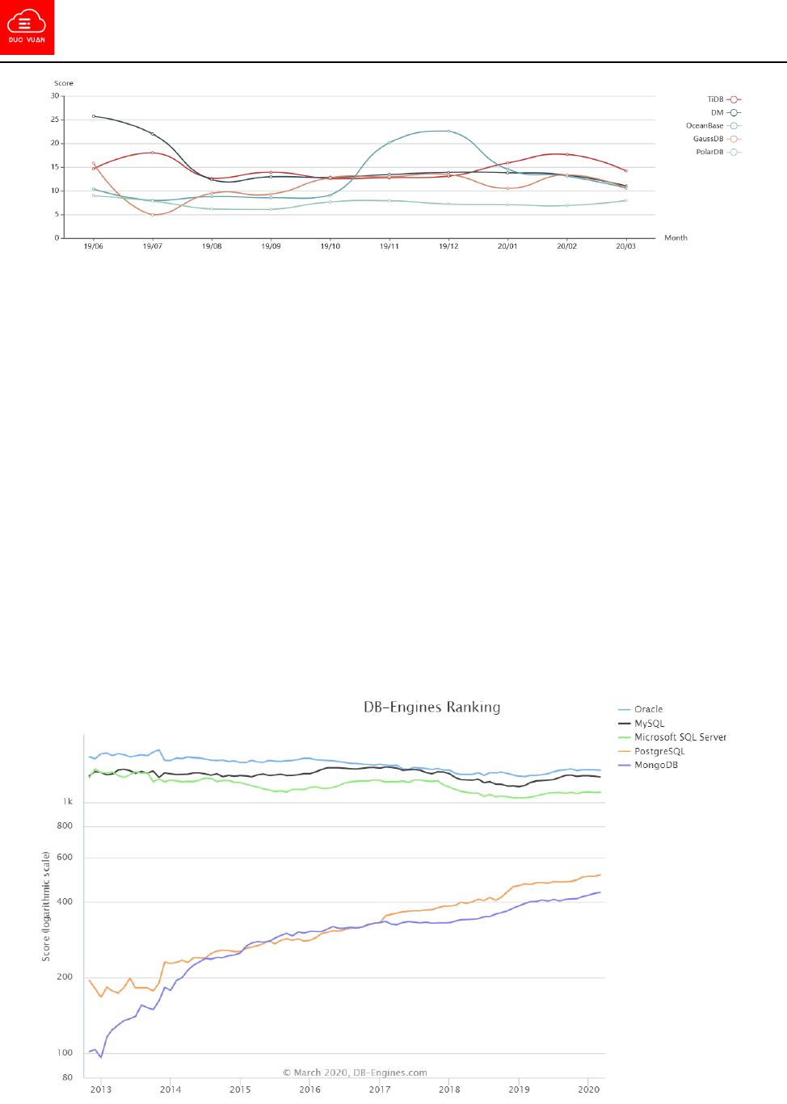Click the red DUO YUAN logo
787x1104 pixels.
[x=27, y=27]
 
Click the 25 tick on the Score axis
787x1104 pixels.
[x=56, y=120]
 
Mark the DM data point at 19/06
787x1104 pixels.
[x=94, y=116]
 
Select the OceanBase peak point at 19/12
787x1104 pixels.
[x=448, y=131]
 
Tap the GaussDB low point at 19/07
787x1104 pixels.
[x=153, y=215]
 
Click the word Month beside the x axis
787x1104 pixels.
[x=675, y=237]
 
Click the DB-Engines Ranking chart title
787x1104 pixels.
[x=430, y=707]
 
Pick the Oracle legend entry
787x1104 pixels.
[x=648, y=709]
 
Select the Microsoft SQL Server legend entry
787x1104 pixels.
[x=680, y=737]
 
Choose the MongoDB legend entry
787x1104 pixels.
[x=655, y=764]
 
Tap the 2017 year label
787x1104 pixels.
[x=379, y=1089]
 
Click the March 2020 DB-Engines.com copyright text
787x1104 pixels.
[x=355, y=1073]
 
